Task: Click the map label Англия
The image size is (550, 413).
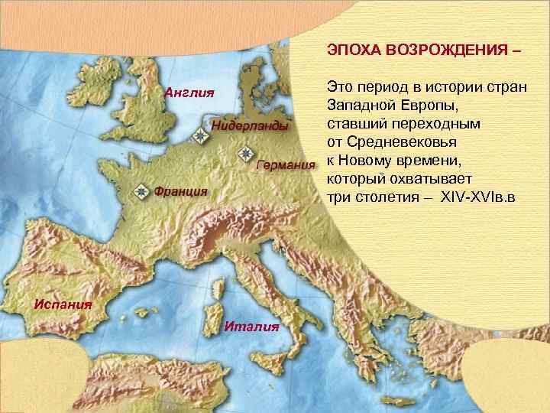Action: point(189,93)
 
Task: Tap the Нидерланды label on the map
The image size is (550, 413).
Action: point(251,125)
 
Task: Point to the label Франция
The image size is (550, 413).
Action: point(181,191)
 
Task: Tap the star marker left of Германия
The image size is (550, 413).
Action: point(245,153)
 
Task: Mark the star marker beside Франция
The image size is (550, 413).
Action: point(142,190)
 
